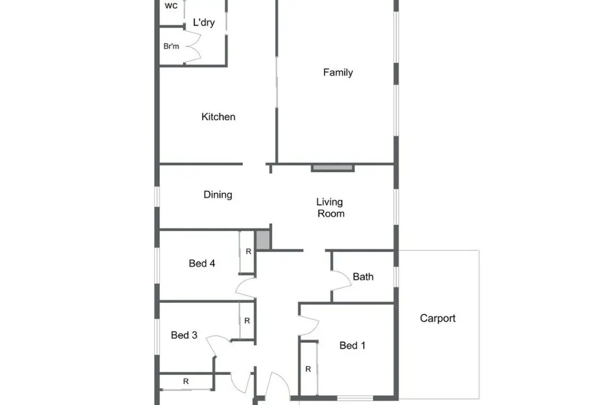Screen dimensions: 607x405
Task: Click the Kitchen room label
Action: [218, 117]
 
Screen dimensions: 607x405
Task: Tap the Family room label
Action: [338, 72]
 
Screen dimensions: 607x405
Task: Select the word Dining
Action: [218, 195]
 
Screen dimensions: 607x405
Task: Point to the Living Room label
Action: [330, 208]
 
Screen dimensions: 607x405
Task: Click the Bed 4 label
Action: [202, 264]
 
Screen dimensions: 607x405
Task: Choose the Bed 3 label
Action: [184, 335]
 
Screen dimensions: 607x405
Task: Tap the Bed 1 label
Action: [352, 345]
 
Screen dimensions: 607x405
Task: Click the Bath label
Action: [363, 277]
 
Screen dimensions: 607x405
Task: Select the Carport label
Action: [438, 318]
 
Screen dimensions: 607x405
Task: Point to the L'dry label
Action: [203, 22]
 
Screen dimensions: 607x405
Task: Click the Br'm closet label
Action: [171, 46]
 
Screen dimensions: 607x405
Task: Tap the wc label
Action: [171, 5]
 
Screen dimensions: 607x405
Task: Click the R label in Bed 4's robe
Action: [249, 252]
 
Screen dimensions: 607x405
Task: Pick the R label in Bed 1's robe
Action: [308, 369]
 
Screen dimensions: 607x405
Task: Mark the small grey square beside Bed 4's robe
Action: [263, 240]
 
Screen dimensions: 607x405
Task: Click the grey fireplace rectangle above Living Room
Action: [333, 168]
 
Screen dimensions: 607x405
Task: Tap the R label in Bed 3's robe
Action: [247, 321]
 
